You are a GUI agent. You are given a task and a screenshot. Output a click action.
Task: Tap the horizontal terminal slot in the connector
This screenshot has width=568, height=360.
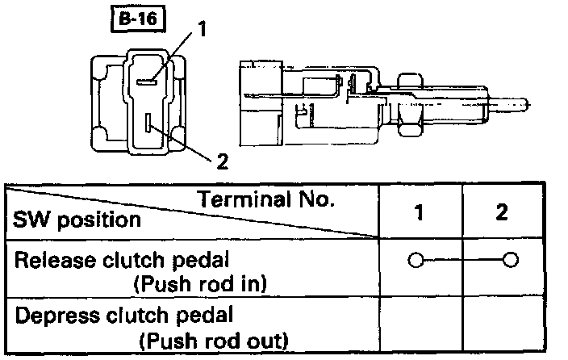147,81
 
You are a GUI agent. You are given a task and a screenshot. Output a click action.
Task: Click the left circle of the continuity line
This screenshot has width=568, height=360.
416,261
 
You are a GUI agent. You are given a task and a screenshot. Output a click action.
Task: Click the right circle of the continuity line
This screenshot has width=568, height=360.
509,261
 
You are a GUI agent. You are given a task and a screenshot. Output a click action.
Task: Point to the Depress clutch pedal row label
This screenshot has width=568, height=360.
113,315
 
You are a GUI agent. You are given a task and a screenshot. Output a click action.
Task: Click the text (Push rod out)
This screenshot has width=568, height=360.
213,339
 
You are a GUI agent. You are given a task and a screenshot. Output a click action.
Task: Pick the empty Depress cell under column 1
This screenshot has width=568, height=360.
421,325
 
